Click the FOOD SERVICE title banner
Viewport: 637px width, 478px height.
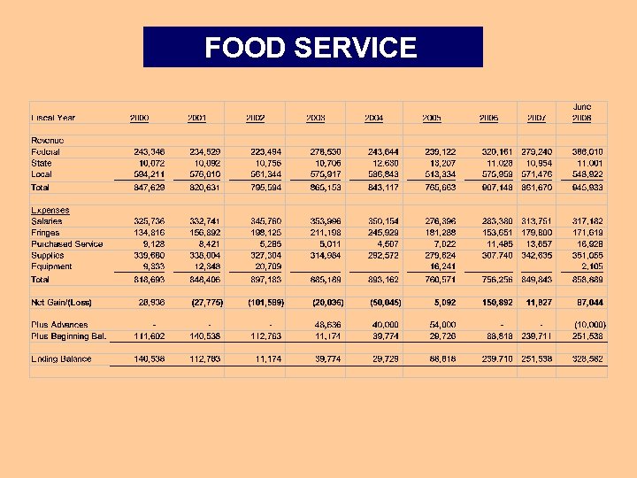[312, 47]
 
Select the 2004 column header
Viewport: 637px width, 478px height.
[373, 118]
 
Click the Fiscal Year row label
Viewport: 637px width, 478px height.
[54, 118]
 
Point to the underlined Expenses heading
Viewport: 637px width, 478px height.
[50, 211]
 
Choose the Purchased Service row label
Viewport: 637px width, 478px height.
[66, 244]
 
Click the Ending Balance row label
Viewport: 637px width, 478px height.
[62, 359]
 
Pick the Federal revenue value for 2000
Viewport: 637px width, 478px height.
[144, 152]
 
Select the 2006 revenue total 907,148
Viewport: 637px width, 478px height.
[495, 188]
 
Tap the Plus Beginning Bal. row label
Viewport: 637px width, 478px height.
[68, 336]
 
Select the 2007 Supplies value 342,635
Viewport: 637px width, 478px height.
[536, 255]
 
